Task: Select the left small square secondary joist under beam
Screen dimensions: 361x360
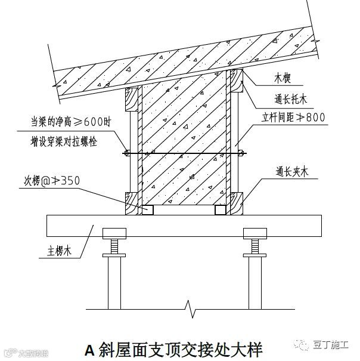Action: point(146,210)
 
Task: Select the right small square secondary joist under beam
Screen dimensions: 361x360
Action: point(221,210)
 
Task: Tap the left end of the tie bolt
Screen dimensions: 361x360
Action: point(127,153)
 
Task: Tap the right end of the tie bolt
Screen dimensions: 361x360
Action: point(241,153)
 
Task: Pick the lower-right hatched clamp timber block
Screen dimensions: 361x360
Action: point(237,203)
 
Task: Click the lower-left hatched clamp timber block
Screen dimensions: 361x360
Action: point(131,203)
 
